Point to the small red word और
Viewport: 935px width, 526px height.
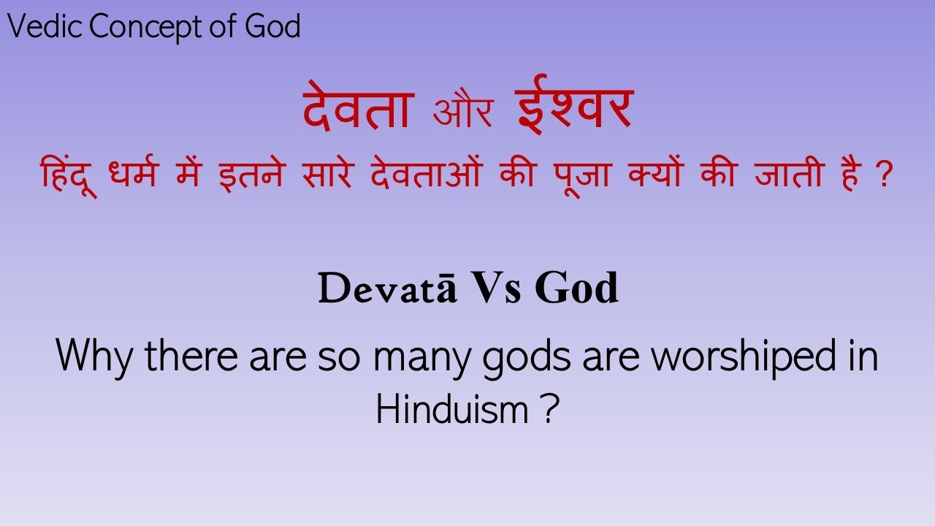[463, 114]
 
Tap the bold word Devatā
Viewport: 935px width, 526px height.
[387, 289]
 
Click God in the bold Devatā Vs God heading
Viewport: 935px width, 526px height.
[576, 289]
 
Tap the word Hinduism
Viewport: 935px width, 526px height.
[451, 411]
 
